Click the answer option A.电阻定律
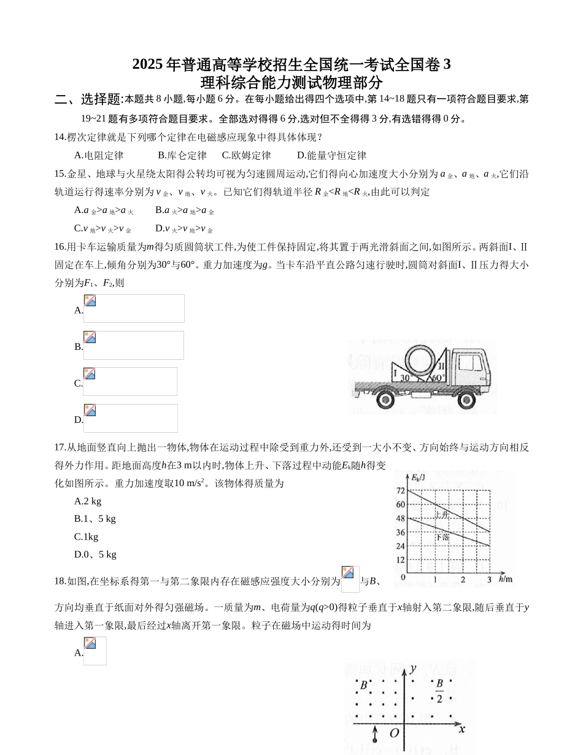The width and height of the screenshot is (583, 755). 99,155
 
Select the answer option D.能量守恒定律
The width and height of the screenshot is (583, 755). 331,155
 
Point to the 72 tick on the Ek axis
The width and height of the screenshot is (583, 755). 401,490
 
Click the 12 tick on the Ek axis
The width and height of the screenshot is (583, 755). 401,560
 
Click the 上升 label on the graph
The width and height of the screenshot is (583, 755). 441,515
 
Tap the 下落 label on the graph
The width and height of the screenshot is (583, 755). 442,538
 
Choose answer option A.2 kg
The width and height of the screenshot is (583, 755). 88,501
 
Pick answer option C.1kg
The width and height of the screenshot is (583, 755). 87,536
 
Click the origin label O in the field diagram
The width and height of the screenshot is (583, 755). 395,733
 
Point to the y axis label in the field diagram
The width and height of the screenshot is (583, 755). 414,668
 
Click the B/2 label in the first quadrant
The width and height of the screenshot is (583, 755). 439,691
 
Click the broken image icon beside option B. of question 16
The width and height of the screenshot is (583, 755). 90,338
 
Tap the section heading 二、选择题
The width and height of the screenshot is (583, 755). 88,99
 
